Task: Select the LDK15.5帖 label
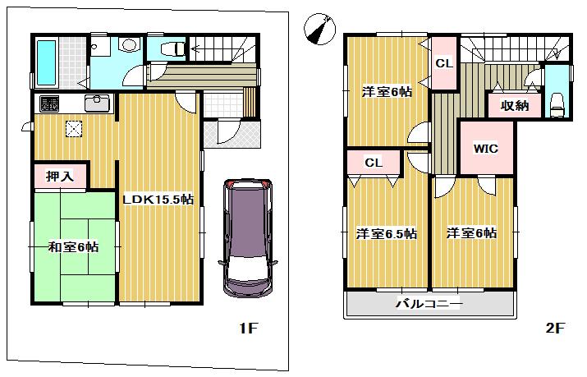[159, 199]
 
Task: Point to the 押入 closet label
[60, 175]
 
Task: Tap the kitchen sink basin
[97, 104]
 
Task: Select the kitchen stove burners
[49, 104]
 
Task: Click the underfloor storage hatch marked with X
[74, 130]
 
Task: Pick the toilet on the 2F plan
[558, 102]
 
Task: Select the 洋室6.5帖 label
[386, 233]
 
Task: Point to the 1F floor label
[248, 329]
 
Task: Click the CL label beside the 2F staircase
[443, 63]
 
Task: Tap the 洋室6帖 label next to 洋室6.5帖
[471, 233]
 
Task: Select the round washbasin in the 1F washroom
[129, 46]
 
